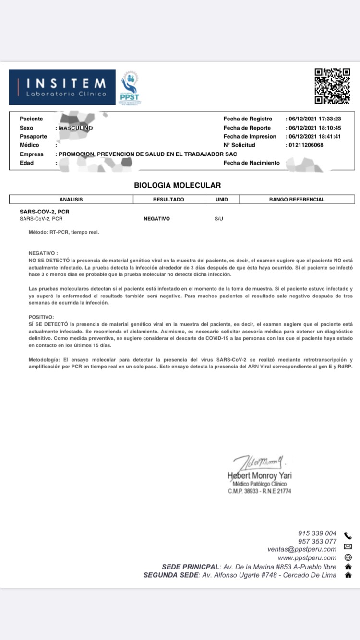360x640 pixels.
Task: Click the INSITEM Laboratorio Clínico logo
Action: (x=62, y=87)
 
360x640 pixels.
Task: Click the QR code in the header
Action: (x=332, y=86)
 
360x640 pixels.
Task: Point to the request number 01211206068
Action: (x=306, y=145)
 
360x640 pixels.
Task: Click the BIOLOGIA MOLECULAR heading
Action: (x=178, y=185)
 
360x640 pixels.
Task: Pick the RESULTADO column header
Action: (x=168, y=200)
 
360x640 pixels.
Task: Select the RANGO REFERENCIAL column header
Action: (x=297, y=200)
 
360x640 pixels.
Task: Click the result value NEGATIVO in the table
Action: (x=157, y=219)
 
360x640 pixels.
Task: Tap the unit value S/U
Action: (x=219, y=219)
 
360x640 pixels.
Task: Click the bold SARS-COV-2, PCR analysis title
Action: (x=41, y=212)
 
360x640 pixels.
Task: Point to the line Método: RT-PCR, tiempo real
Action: (x=64, y=232)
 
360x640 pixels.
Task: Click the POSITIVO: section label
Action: (x=41, y=317)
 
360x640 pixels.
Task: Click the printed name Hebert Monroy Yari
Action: (x=259, y=475)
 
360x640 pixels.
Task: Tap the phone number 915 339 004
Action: (x=317, y=533)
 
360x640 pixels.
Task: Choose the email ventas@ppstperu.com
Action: (x=302, y=549)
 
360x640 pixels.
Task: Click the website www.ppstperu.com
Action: (x=307, y=558)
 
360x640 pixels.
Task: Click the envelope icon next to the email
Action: (x=348, y=546)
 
